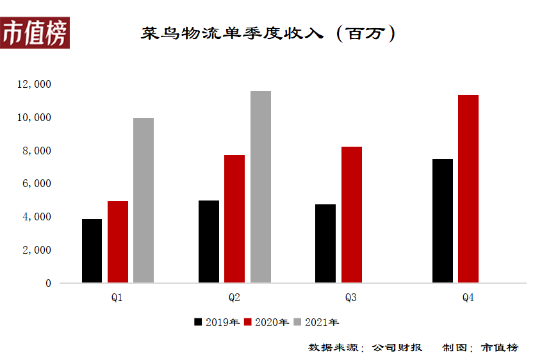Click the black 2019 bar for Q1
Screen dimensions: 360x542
click(x=92, y=250)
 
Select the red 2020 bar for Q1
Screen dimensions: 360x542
click(x=118, y=241)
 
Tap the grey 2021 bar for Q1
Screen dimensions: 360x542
click(x=144, y=200)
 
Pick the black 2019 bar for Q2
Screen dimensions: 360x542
click(x=209, y=241)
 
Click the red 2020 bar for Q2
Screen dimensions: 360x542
click(x=234, y=218)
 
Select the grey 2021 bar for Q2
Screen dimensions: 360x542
click(x=261, y=186)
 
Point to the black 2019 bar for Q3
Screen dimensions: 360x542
click(x=325, y=243)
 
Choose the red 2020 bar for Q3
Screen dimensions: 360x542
click(x=352, y=215)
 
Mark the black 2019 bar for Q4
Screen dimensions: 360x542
click(x=443, y=220)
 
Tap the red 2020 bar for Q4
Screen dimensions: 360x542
click(x=468, y=188)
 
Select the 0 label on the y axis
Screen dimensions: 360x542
click(x=48, y=283)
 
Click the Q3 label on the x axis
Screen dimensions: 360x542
click(x=351, y=298)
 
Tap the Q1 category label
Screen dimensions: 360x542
click(x=117, y=298)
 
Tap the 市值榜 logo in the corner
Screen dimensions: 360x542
click(x=35, y=33)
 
